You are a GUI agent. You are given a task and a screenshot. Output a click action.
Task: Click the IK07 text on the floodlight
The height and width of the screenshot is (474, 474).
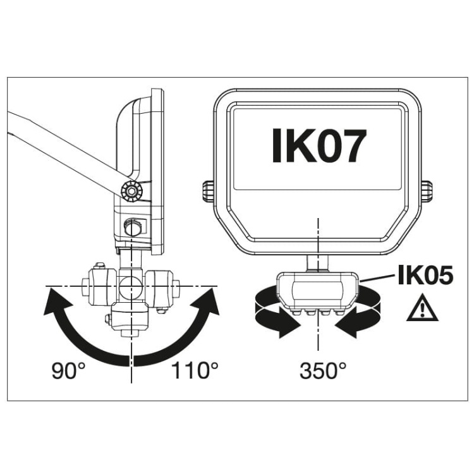coord(319,145)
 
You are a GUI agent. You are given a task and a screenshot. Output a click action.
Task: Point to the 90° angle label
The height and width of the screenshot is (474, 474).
coord(69,371)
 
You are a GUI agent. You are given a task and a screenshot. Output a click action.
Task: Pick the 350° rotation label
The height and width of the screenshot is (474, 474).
coord(323,371)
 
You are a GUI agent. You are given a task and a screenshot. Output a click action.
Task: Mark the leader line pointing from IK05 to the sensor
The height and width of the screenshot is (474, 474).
coord(377,278)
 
